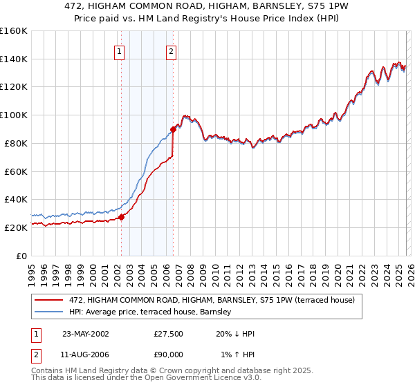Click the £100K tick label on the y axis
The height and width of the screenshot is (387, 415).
[x=13, y=115]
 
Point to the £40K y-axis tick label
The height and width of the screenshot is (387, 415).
[x=15, y=199]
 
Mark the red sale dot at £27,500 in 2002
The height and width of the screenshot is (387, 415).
[x=121, y=217]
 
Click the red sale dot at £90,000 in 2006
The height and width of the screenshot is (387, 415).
[x=173, y=129]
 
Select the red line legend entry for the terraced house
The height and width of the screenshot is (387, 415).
[x=212, y=299]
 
